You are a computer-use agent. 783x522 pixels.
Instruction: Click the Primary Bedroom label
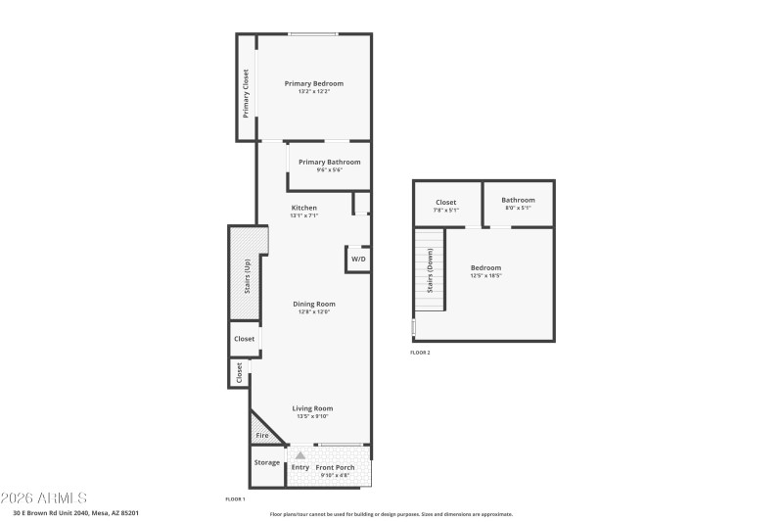point(314,83)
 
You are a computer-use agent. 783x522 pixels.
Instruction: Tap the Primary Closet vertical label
point(246,92)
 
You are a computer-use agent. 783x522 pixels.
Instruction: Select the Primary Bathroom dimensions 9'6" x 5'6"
point(329,170)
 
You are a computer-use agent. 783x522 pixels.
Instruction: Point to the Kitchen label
point(303,208)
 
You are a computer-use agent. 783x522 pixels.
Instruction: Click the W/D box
point(358,260)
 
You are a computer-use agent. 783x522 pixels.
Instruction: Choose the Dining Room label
point(314,304)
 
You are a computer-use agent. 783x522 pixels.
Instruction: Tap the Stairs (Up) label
point(247,275)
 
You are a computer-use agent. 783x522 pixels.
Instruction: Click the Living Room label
point(313,408)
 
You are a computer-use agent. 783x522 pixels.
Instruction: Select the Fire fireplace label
point(262,435)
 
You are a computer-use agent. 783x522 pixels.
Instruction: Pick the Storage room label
point(267,462)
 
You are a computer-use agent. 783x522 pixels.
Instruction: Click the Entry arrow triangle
point(300,455)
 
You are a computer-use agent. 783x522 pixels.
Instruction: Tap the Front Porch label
point(336,467)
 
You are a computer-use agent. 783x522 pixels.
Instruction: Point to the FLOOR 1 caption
point(236,499)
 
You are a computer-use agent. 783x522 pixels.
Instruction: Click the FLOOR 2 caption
point(420,353)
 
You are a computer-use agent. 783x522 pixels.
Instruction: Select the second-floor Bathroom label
point(518,201)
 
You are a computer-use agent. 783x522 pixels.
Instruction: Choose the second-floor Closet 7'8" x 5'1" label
point(445,203)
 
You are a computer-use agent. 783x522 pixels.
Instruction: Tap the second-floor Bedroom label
point(485,267)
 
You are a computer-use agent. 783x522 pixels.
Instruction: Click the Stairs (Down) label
point(429,275)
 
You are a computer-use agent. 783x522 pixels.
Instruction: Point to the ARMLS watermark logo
point(44,498)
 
